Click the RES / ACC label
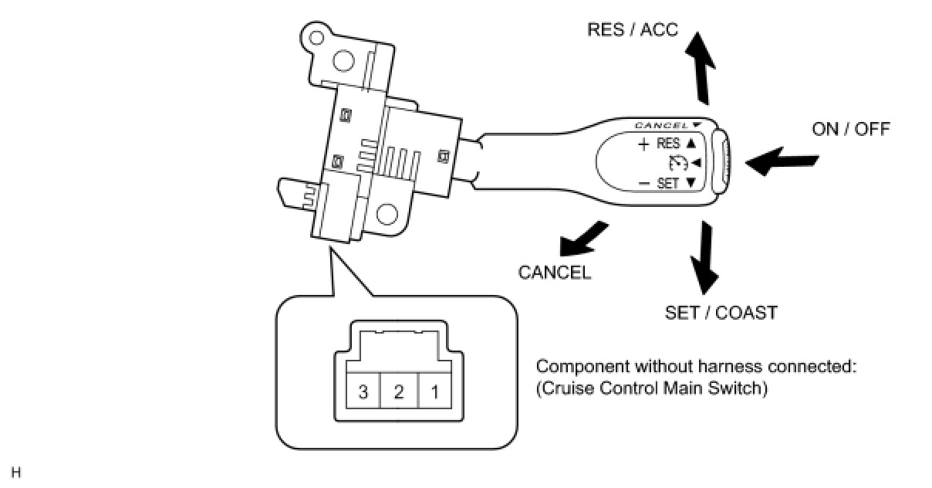633,29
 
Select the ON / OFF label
851,129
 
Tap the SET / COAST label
721,313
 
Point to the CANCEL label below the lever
554,273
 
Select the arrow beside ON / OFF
782,161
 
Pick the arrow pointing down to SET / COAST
704,258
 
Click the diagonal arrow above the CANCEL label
582,240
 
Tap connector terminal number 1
434,391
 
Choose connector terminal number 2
399,391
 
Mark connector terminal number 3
363,391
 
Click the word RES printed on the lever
668,144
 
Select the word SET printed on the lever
667,183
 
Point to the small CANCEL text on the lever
660,125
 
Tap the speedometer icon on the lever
677,163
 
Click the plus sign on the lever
643,144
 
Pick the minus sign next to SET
643,183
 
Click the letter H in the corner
15,473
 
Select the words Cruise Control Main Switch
652,388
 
